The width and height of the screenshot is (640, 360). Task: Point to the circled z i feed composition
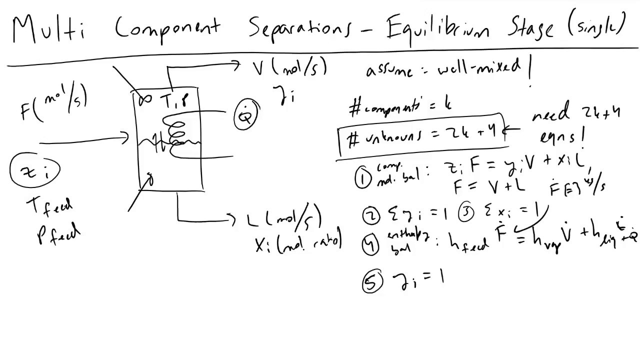point(34,170)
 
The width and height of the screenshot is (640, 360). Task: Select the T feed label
point(52,206)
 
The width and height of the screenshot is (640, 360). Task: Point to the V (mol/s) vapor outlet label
point(290,67)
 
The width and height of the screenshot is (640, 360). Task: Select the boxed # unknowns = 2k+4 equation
point(422,136)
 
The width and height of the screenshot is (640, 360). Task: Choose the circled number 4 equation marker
point(371,245)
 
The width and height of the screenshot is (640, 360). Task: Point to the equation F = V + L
point(489,187)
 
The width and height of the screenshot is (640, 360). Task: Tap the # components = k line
point(400,105)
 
